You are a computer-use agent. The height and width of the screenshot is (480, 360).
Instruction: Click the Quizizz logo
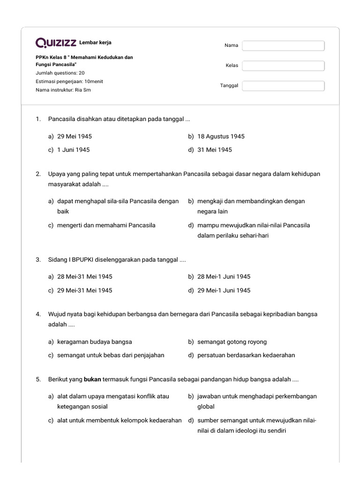click(56, 43)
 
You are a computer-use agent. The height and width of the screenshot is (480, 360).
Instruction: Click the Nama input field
click(283, 45)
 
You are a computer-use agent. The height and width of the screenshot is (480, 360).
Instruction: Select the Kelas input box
click(283, 66)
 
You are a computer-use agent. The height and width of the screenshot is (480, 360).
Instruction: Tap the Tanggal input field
click(283, 86)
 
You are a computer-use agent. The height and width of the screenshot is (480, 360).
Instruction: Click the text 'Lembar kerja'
click(96, 43)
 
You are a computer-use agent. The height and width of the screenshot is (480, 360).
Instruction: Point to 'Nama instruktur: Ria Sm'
click(63, 90)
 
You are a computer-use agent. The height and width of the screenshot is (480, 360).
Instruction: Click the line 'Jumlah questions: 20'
click(60, 73)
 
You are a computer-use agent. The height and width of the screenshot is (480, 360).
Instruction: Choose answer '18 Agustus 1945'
click(221, 136)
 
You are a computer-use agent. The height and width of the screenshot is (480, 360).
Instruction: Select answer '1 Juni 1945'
click(73, 150)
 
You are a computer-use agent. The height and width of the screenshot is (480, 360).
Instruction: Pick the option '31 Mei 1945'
click(215, 150)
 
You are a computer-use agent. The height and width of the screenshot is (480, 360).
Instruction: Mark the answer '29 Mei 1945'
click(75, 136)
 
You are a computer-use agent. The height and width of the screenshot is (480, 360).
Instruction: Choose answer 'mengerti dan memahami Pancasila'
click(106, 225)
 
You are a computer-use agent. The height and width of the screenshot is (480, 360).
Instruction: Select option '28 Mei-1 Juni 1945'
click(224, 277)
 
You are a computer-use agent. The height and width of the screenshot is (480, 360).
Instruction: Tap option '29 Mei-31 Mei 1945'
click(84, 290)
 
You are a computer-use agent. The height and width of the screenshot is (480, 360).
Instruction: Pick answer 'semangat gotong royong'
click(232, 342)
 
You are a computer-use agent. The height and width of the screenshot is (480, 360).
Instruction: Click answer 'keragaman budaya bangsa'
click(94, 342)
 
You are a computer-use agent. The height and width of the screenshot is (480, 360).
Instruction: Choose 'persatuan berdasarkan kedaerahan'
click(246, 355)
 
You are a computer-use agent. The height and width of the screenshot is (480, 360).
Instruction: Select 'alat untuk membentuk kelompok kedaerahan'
click(119, 420)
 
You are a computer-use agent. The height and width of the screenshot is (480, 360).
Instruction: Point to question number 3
click(38, 259)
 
